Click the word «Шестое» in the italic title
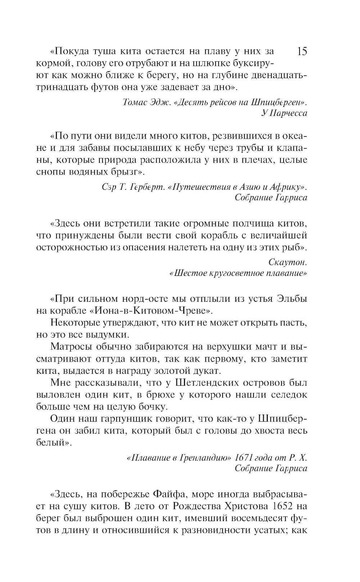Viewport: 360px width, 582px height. (187, 273)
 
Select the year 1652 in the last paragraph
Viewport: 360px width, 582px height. (283, 506)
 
